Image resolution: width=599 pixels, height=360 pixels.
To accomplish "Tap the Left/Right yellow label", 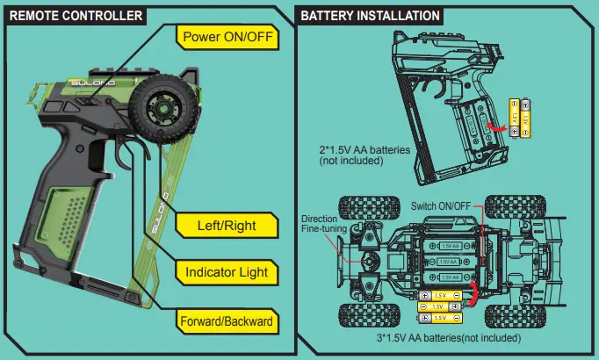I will tap(227, 226).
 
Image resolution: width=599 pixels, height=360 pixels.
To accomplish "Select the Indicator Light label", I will tap(227, 272).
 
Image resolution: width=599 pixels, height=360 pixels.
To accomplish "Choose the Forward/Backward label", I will tap(227, 321).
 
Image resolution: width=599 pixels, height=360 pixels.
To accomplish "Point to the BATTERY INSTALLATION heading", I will tap(370, 16).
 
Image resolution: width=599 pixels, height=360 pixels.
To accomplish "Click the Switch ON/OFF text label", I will tap(441, 205).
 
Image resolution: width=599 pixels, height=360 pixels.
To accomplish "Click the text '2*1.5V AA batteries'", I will tap(364, 150).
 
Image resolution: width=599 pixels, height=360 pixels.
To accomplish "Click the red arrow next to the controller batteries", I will tap(501, 129).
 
